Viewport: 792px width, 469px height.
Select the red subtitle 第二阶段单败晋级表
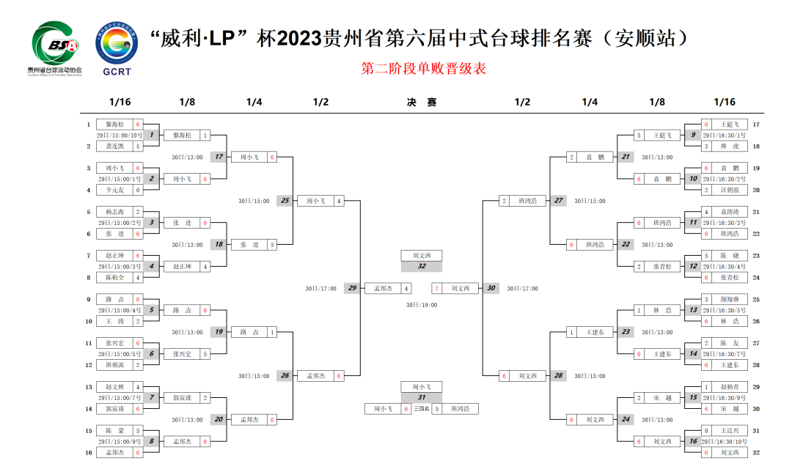[424, 69]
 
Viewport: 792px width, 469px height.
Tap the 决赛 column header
[422, 103]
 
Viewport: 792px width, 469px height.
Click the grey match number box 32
[422, 266]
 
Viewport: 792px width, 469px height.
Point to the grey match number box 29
[353, 288]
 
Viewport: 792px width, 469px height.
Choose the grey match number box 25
[285, 201]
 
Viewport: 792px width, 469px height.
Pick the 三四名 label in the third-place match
[422, 409]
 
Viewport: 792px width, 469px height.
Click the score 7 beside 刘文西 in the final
[437, 288]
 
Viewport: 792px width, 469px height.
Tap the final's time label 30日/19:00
[422, 304]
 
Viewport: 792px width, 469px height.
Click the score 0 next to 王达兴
[705, 431]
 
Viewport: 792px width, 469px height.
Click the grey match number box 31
[422, 397]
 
